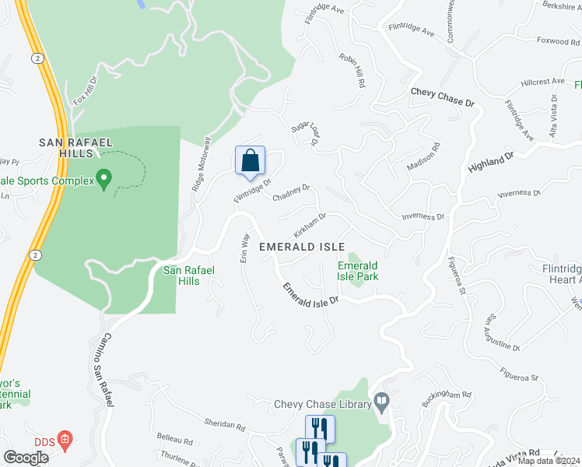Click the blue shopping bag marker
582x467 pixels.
click(250, 161)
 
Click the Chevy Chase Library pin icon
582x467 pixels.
click(381, 403)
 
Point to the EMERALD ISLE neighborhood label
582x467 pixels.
click(302, 246)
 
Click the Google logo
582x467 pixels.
click(26, 458)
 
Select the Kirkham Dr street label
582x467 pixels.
click(310, 226)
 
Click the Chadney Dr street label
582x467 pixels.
click(291, 191)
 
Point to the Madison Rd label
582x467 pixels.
click(423, 156)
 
